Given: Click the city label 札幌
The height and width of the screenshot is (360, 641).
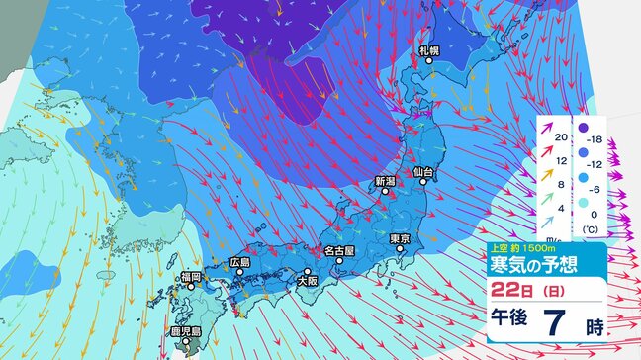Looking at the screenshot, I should (428, 49).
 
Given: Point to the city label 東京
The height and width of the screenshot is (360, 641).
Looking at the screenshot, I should (400, 238).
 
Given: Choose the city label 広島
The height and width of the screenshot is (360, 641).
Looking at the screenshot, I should (239, 262).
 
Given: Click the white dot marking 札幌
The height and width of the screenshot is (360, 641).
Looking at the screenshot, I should (430, 62).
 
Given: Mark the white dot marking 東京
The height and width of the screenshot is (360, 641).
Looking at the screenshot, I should (400, 250).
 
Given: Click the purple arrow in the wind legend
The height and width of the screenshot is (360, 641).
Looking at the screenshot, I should (550, 130).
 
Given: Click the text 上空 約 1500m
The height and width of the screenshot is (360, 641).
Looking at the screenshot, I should (517, 248).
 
